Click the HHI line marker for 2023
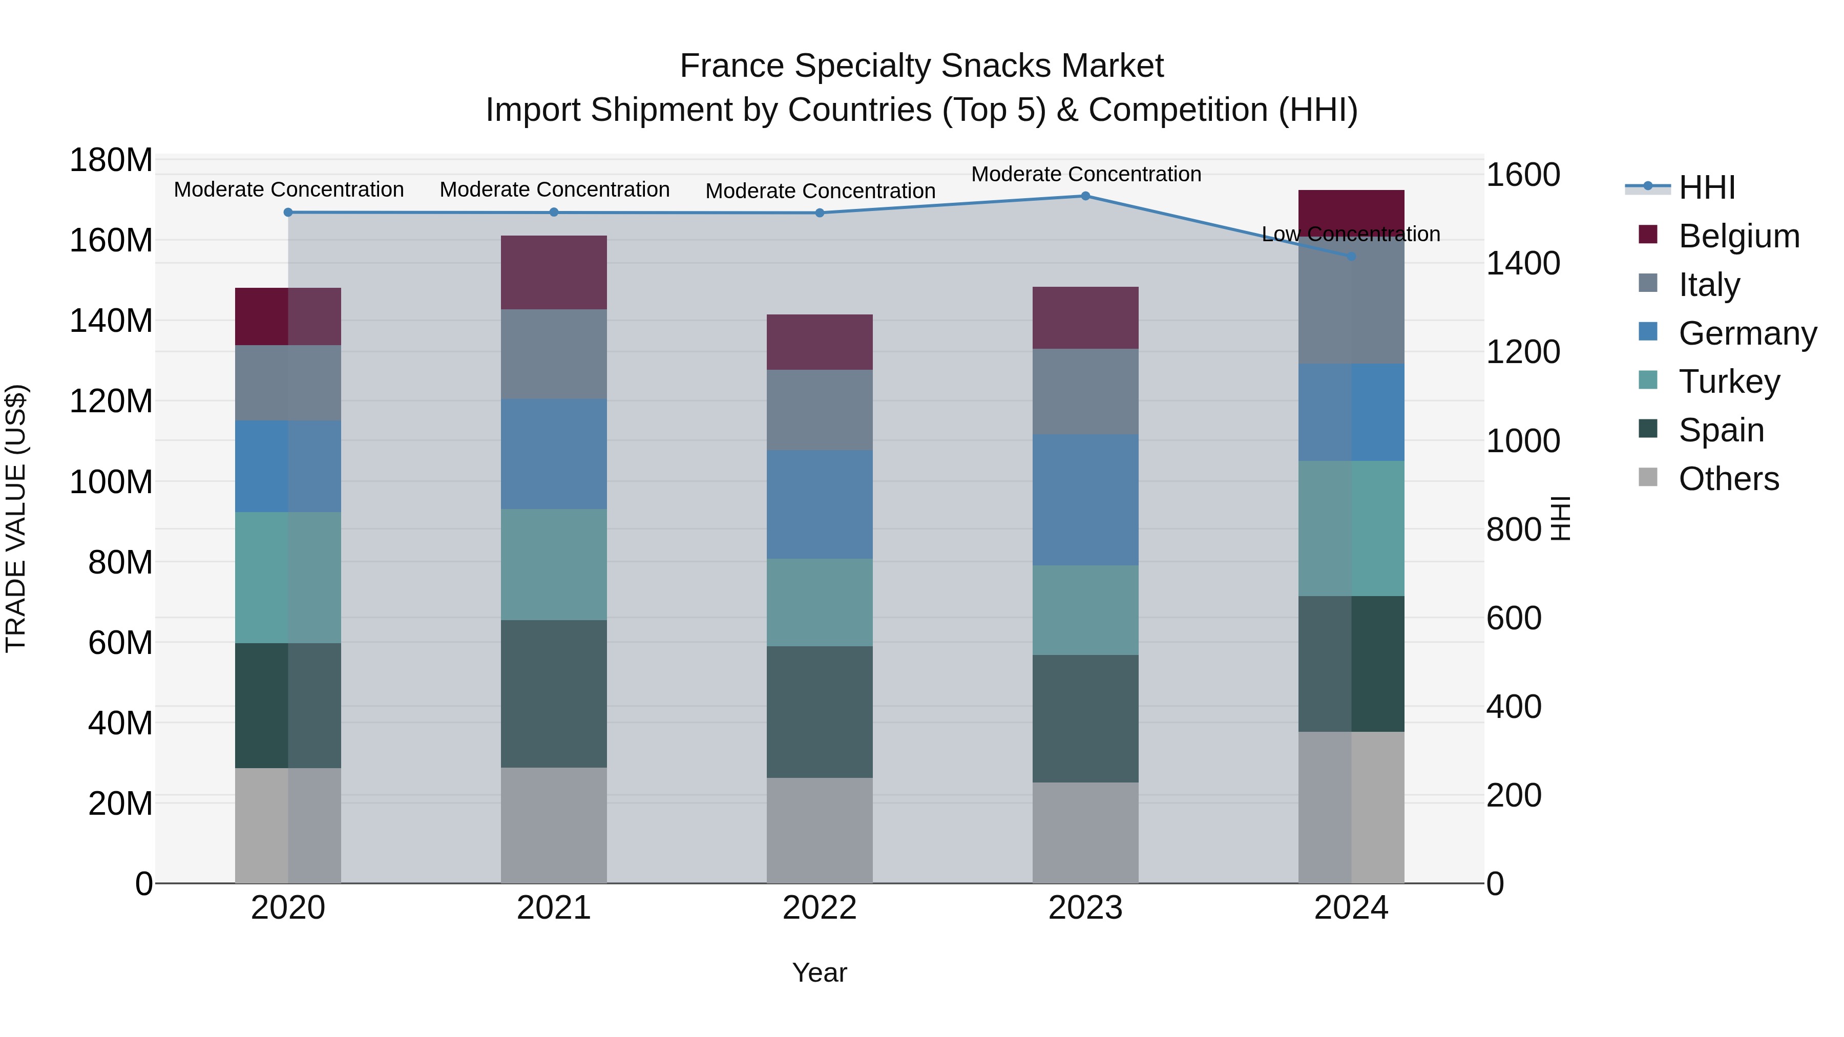tap(1085, 196)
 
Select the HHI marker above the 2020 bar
tap(288, 213)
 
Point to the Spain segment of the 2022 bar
tap(820, 712)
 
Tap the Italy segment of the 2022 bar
tap(820, 410)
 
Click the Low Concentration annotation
tap(1351, 234)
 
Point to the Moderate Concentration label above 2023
tap(1086, 174)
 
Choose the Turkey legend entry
tap(1729, 382)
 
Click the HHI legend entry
tap(1707, 187)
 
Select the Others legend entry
tap(1729, 479)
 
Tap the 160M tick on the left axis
tap(111, 241)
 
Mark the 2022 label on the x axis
tap(820, 908)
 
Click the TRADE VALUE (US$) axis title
tap(16, 518)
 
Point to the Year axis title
tap(820, 972)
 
